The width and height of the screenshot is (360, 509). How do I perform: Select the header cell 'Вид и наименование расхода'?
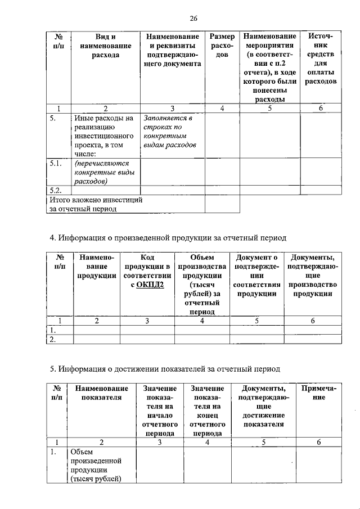tap(106, 46)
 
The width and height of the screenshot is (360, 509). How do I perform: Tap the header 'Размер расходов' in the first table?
tap(222, 46)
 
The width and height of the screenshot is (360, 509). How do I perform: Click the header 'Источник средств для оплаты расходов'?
tap(321, 59)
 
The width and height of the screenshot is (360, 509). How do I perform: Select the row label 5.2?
tap(55, 190)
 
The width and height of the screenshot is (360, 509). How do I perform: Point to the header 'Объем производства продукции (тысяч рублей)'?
tap(202, 284)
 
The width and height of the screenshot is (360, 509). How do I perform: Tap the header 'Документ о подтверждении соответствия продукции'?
tap(257, 275)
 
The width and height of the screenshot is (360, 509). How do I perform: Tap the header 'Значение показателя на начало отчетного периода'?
tap(160, 411)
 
